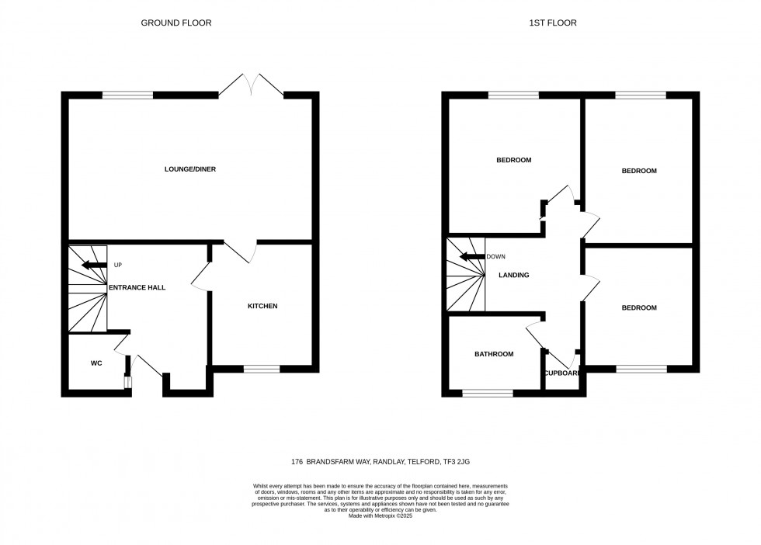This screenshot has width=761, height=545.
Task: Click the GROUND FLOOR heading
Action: pyautogui.click(x=175, y=23)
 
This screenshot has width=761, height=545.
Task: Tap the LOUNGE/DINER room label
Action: pyautogui.click(x=189, y=169)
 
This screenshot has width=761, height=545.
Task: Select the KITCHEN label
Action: pyautogui.click(x=262, y=306)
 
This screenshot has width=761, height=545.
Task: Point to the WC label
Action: pyautogui.click(x=96, y=363)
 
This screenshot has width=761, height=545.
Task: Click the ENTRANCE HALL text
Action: pyautogui.click(x=137, y=287)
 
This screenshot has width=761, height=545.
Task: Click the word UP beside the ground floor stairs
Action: pyautogui.click(x=118, y=265)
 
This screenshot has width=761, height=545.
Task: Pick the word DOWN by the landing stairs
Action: pyautogui.click(x=496, y=256)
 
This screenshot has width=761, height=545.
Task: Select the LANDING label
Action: pyautogui.click(x=514, y=275)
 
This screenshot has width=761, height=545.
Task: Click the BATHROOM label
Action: pyautogui.click(x=494, y=354)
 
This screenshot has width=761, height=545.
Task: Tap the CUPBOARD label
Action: pyautogui.click(x=562, y=373)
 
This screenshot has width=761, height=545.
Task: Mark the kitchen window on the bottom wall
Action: pyautogui.click(x=262, y=369)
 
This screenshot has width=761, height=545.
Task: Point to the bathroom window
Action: pyautogui.click(x=487, y=393)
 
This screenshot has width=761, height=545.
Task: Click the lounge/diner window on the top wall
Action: pyautogui.click(x=127, y=95)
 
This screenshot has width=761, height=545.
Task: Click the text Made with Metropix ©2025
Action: pyautogui.click(x=380, y=515)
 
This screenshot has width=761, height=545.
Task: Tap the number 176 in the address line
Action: pyautogui.click(x=297, y=462)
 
